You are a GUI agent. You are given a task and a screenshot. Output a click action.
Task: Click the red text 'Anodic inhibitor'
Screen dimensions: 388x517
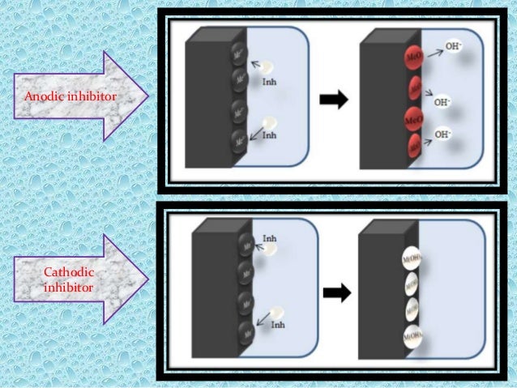coord(70,97)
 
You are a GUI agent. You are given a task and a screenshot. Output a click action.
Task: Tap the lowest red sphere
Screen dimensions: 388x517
coord(415,147)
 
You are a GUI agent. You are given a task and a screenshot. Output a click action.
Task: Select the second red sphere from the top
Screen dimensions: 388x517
coord(415,87)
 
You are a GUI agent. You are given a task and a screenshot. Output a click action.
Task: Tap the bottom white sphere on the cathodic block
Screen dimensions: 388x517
coord(412,335)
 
